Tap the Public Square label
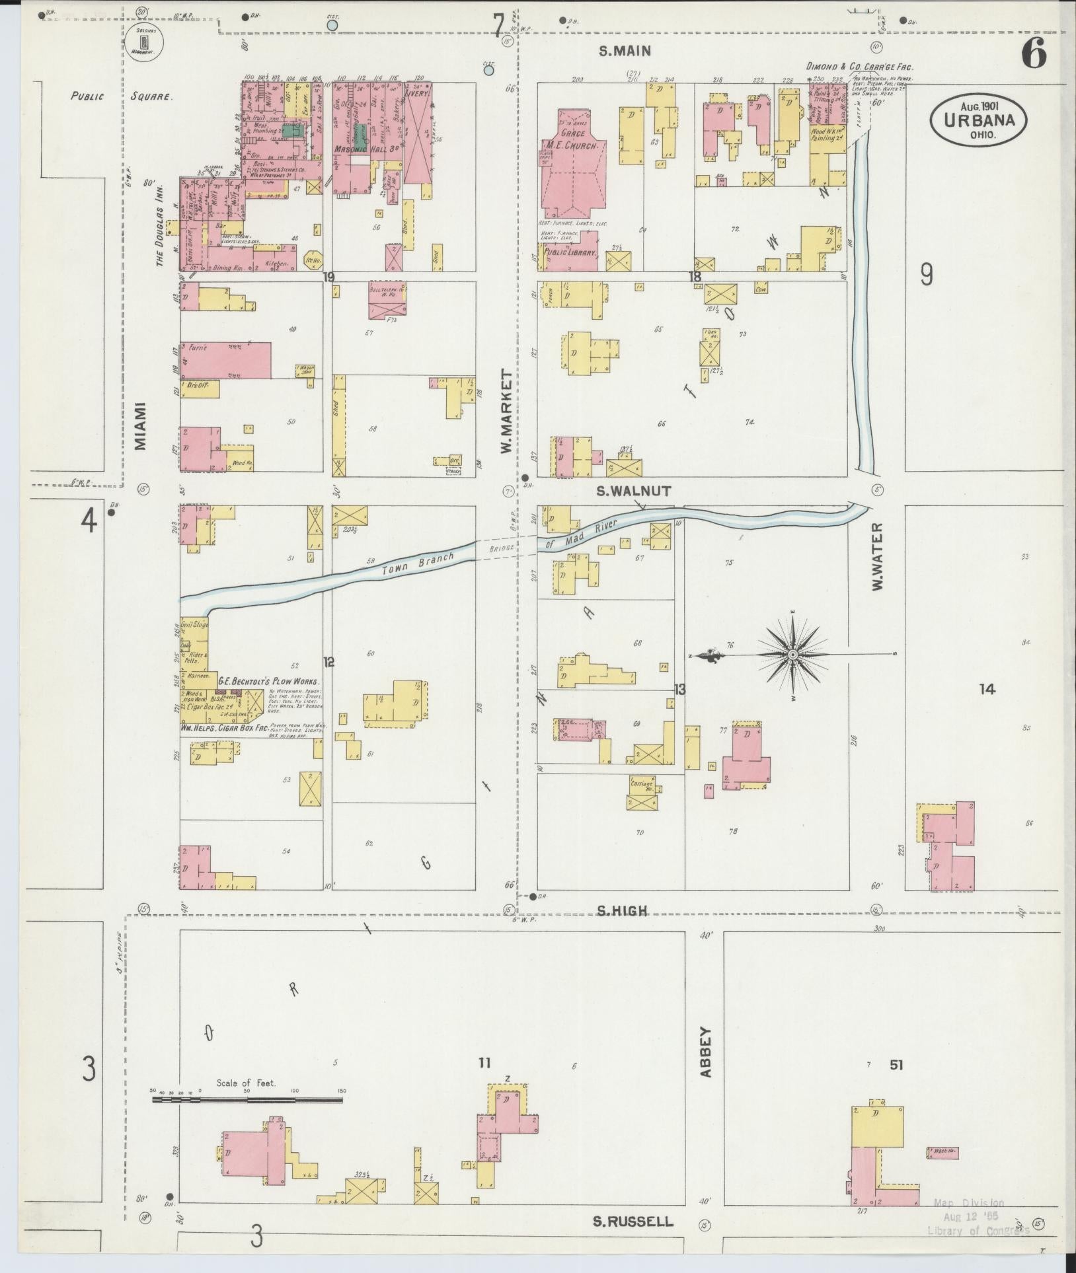122,96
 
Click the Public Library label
570,252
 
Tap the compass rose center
792,655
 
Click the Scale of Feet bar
248,1100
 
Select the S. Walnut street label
634,491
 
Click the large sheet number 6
1034,54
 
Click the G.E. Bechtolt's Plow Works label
270,681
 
